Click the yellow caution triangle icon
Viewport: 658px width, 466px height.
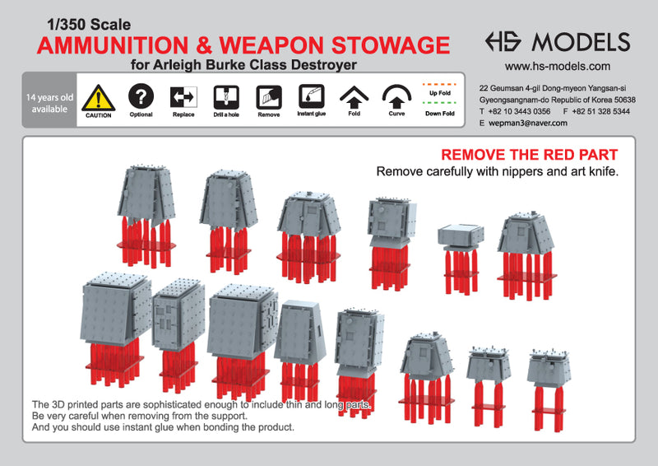point(99,96)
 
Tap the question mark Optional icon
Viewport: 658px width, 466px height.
point(141,96)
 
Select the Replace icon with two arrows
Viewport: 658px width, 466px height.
point(183,96)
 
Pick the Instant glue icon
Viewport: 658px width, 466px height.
point(310,96)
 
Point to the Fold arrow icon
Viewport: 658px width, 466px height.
point(353,97)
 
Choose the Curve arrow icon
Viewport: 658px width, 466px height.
point(397,97)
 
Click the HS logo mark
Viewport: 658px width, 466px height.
point(504,42)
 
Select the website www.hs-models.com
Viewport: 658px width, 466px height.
point(557,67)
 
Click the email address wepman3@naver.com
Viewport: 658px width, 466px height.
point(528,123)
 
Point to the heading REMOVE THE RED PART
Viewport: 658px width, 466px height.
point(530,155)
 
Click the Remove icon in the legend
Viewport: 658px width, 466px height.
point(268,96)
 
